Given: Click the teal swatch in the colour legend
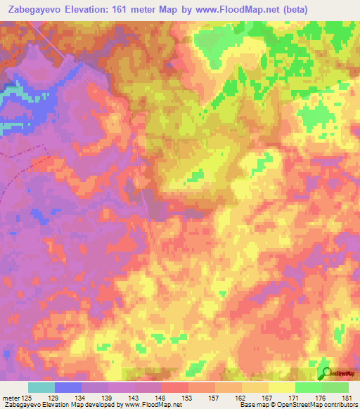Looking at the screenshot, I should [x=41, y=388].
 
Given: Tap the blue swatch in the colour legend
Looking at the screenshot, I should [x=68, y=388].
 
